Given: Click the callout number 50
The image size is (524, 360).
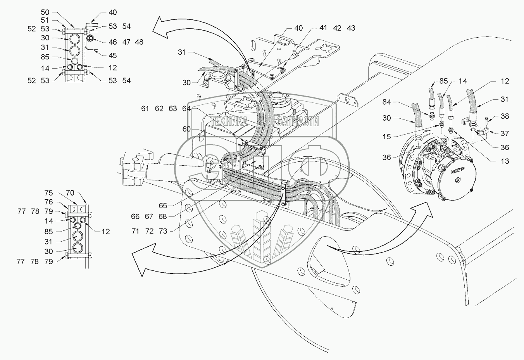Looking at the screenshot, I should click(x=45, y=13).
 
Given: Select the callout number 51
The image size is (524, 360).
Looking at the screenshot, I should click(x=45, y=21).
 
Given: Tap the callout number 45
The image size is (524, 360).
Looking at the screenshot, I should click(x=113, y=55).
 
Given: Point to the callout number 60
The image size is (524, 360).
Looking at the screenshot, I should click(x=186, y=129).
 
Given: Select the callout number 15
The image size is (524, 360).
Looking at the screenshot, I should click(x=386, y=137).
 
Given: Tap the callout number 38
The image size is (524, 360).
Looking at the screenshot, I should click(x=505, y=116).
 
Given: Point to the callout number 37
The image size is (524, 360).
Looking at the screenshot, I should click(x=505, y=133).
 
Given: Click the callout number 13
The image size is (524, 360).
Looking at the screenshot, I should click(x=505, y=161).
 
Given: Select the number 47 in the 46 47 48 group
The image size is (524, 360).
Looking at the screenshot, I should click(x=126, y=42).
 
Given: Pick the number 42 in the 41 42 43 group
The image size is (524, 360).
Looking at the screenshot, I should click(x=337, y=28).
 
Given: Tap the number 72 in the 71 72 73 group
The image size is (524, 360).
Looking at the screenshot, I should click(x=149, y=231).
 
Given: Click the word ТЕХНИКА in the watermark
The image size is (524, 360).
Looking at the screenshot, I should click(x=229, y=121).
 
